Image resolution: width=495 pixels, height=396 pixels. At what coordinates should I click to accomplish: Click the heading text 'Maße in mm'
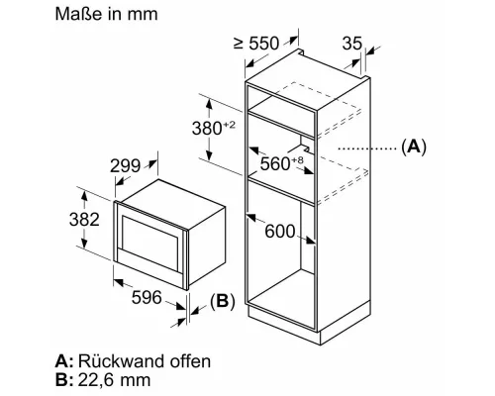(x=106, y=14)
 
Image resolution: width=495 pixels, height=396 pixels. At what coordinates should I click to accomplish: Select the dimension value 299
(x=125, y=165)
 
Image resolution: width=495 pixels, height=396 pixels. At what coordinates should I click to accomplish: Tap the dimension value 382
(x=84, y=219)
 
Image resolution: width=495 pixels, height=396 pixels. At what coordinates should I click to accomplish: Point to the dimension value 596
(x=147, y=297)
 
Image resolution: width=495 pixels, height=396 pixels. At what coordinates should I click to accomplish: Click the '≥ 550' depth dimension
(x=256, y=44)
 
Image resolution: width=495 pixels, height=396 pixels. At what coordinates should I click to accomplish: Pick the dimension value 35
(x=352, y=44)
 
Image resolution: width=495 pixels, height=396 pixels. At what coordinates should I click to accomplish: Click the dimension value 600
(x=280, y=231)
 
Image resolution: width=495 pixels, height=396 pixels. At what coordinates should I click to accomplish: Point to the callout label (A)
(x=414, y=147)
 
